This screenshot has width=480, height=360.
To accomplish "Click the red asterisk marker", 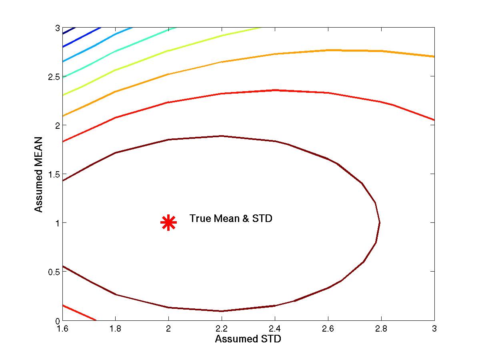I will point(168,223).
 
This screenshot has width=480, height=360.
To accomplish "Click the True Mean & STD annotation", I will point(231,219).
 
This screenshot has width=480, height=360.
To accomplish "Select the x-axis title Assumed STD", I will point(248,339).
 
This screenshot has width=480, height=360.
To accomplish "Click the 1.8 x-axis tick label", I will point(116,329).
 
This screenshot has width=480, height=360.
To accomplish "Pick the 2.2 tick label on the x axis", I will point(222,329).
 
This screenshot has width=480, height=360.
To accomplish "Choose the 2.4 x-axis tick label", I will point(275,329).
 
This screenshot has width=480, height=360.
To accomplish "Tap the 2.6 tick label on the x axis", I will point(328,329).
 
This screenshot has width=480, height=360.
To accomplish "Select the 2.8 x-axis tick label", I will point(381,329).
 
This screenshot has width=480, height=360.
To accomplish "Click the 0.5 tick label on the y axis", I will point(53,272).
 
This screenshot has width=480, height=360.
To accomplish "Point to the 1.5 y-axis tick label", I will point(53,174).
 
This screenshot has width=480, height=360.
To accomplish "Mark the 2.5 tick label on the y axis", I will point(53,76).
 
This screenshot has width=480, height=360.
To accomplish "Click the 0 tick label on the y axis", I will point(57,320).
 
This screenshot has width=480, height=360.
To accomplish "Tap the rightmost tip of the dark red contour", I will point(379,222).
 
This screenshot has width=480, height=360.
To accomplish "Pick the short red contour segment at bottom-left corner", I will point(78,312).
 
